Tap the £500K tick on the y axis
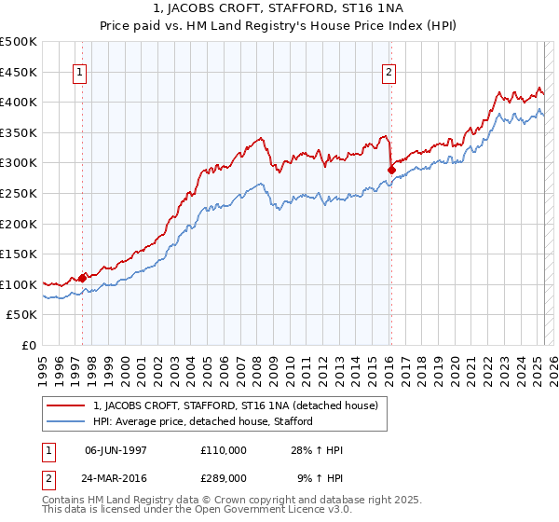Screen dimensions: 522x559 [19, 42]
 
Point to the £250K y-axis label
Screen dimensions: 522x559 [19, 193]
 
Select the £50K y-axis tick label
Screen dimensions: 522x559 [22, 315]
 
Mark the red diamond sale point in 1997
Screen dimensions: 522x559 [82, 277]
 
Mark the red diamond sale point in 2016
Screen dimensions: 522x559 [391, 169]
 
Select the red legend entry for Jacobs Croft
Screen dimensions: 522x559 [235, 406]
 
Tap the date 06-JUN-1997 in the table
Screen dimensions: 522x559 [116, 449]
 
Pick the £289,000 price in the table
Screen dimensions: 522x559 [223, 477]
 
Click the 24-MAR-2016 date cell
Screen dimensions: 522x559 [116, 477]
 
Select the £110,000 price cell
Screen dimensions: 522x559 [223, 449]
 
